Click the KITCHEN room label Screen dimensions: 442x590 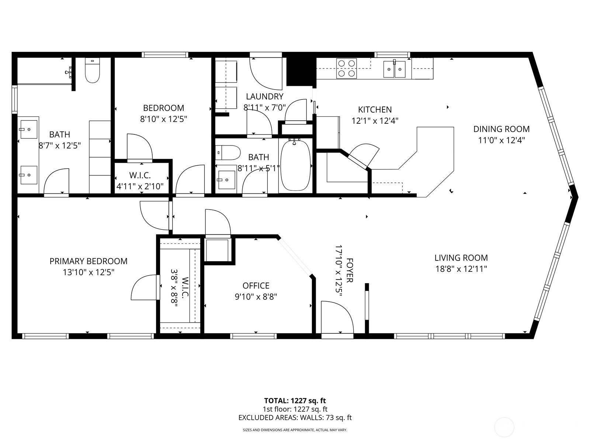tap(375, 109)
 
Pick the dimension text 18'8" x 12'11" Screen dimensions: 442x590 tap(461, 269)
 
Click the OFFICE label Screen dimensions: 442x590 tap(256, 285)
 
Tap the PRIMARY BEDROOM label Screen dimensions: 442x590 tap(88, 261)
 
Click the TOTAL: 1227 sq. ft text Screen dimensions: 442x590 tap(295, 401)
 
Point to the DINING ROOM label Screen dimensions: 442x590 tap(501, 129)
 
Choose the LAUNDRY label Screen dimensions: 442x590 tap(264, 97)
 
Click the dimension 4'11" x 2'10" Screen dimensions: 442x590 tap(140, 186)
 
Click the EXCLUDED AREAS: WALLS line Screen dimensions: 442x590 tap(295, 418)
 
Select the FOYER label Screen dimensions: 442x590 tap(350, 270)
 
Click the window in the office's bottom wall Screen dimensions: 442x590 tap(253, 336)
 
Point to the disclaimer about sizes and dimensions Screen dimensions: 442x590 tap(295, 430)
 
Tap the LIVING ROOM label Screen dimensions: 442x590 tap(461, 258)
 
